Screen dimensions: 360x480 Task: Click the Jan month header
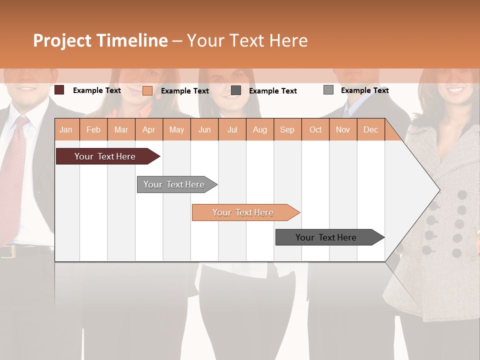[x=66, y=130]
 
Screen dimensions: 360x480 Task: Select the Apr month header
[x=149, y=130]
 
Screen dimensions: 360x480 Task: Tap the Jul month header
[x=232, y=130]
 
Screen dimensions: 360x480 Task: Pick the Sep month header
[x=287, y=130]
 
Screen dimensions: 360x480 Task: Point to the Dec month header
[x=370, y=130]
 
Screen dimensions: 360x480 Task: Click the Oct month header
[x=315, y=130]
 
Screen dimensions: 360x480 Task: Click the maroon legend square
[x=59, y=90]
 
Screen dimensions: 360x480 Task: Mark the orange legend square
[x=147, y=90]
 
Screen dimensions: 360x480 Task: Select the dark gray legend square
[x=236, y=90]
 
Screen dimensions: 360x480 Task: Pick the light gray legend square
[x=328, y=90]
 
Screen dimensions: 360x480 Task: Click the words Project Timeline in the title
[x=100, y=40]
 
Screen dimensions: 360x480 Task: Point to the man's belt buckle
[x=7, y=251]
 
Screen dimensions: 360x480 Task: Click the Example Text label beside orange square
[x=185, y=91]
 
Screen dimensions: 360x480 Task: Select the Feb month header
[x=93, y=130]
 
